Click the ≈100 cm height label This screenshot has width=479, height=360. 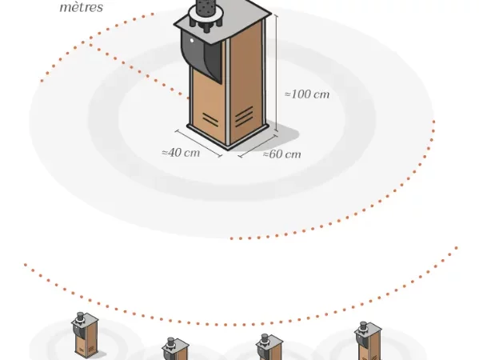[x=307, y=94]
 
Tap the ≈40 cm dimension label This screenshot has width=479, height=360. [x=181, y=153]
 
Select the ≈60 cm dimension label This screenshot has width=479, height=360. [x=282, y=154]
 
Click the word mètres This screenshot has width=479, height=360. [x=82, y=6]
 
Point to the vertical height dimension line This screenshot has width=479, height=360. [x=277, y=74]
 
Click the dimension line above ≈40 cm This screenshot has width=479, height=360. [x=198, y=144]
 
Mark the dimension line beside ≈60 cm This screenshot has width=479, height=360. [x=257, y=146]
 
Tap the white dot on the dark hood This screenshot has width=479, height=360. [x=192, y=40]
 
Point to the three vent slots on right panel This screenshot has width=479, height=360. [x=244, y=117]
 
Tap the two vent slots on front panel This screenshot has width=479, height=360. [x=210, y=118]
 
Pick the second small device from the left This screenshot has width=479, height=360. [x=175, y=349]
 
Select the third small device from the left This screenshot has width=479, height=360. [x=269, y=347]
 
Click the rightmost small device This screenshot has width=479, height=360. [x=368, y=341]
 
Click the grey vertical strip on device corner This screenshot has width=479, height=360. [x=227, y=92]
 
